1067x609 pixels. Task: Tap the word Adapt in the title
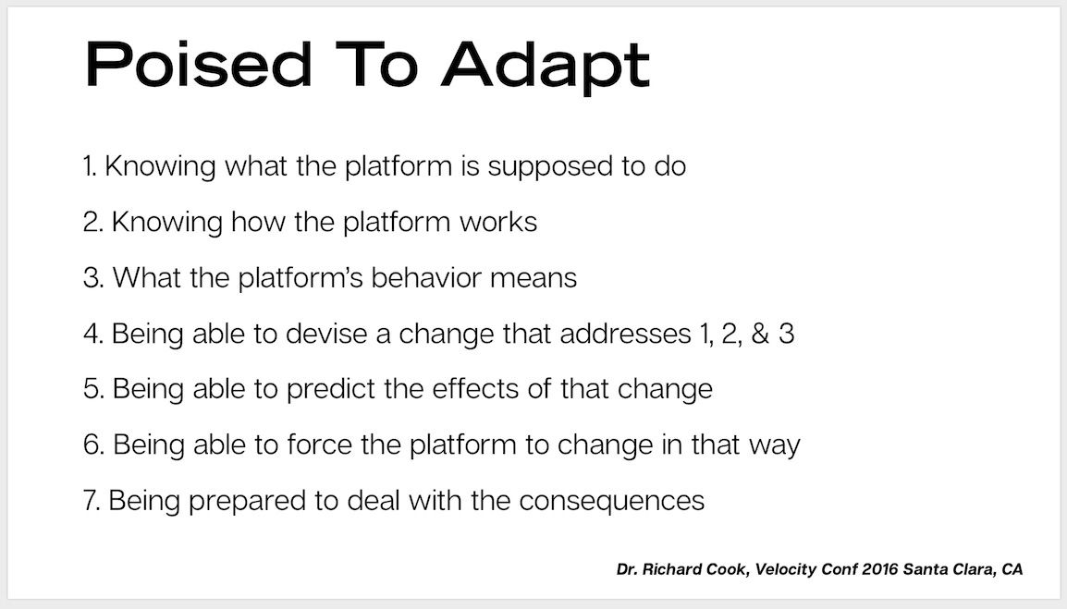click(546, 67)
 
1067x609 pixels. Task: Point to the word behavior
click(426, 277)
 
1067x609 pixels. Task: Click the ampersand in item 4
click(760, 334)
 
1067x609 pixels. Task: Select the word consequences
click(612, 502)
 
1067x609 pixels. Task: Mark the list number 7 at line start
click(92, 500)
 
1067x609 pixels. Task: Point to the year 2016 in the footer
click(879, 569)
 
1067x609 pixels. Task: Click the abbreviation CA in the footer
click(1012, 569)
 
